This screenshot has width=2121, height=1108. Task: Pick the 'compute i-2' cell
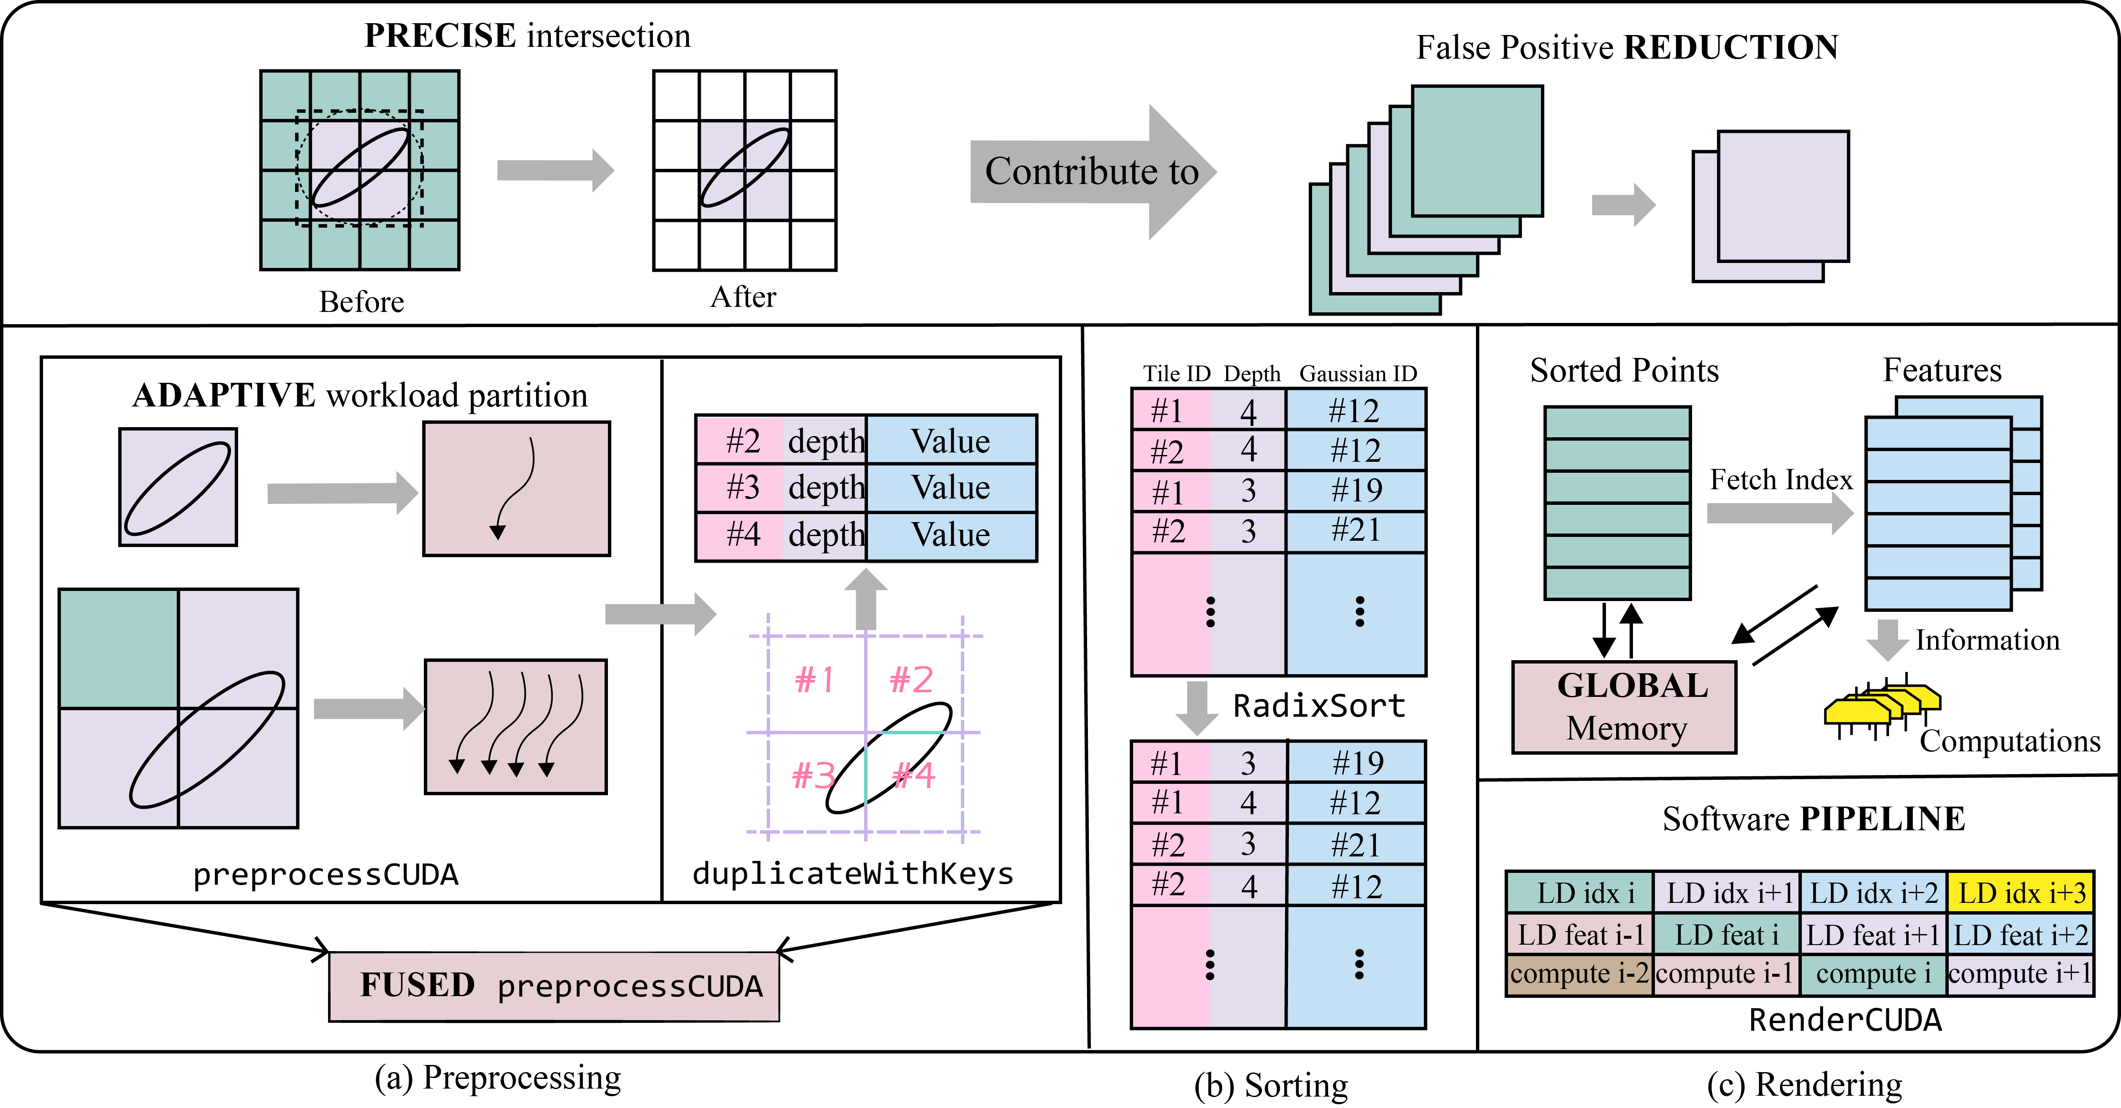point(1579,974)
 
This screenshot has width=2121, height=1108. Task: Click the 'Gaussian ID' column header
point(1358,374)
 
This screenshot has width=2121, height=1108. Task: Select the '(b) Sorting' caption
point(1270,1085)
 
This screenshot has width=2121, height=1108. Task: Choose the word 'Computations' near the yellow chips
point(2010,741)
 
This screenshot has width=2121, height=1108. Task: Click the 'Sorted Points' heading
point(1624,371)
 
